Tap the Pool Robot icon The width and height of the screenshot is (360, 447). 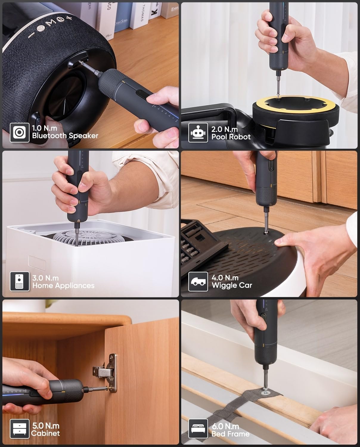[198, 133]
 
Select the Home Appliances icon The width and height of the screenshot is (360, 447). [20, 281]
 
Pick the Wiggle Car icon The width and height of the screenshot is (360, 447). [198, 281]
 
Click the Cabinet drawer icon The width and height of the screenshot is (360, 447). [20, 429]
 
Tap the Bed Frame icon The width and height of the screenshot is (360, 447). [198, 429]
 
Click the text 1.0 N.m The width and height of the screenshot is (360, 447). [44, 128]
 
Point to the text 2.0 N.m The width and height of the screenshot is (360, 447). [224, 129]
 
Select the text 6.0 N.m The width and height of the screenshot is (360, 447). [225, 426]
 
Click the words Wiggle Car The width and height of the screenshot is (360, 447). [232, 285]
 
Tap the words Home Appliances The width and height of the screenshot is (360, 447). [63, 285]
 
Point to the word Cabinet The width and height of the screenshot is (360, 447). [45, 433]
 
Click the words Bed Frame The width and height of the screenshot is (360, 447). [230, 434]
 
